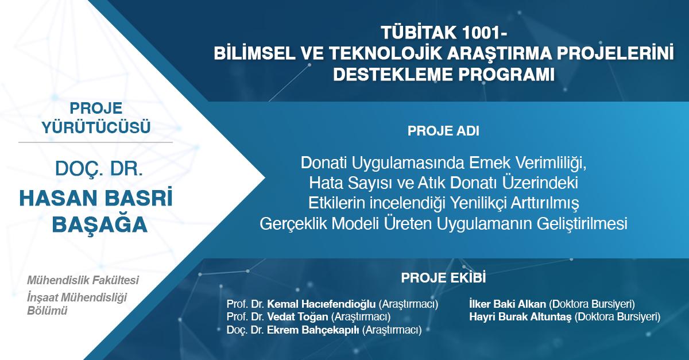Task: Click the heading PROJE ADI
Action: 443,131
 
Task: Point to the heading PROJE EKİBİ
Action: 443,277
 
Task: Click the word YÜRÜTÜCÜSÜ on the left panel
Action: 96,127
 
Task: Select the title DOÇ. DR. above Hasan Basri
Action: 99,169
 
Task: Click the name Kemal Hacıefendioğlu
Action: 321,304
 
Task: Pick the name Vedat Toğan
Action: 297,316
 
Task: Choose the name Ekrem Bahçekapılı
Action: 313,330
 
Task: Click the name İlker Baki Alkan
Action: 508,304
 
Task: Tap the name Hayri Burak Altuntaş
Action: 520,317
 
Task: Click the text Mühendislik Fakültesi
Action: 83,280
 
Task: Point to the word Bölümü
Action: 47,311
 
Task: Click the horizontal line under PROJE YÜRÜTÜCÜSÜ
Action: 95,142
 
